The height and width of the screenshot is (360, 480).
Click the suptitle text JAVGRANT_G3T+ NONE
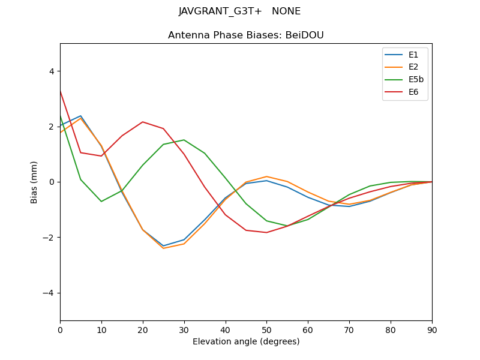point(239,11)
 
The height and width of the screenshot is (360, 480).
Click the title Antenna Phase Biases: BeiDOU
point(245,35)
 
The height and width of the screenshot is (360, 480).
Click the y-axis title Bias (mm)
point(35,182)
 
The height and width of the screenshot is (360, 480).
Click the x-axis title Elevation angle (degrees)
point(245,341)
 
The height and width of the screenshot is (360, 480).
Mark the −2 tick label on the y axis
point(49,238)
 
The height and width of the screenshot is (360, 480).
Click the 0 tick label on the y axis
point(51,182)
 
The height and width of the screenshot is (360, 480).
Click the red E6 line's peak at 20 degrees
point(142,122)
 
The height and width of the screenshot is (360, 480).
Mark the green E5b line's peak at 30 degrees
point(184,140)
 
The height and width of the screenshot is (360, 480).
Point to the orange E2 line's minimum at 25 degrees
point(163,248)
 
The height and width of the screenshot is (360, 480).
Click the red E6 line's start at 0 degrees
point(60,91)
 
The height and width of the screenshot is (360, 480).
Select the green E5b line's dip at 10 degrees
point(101,201)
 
